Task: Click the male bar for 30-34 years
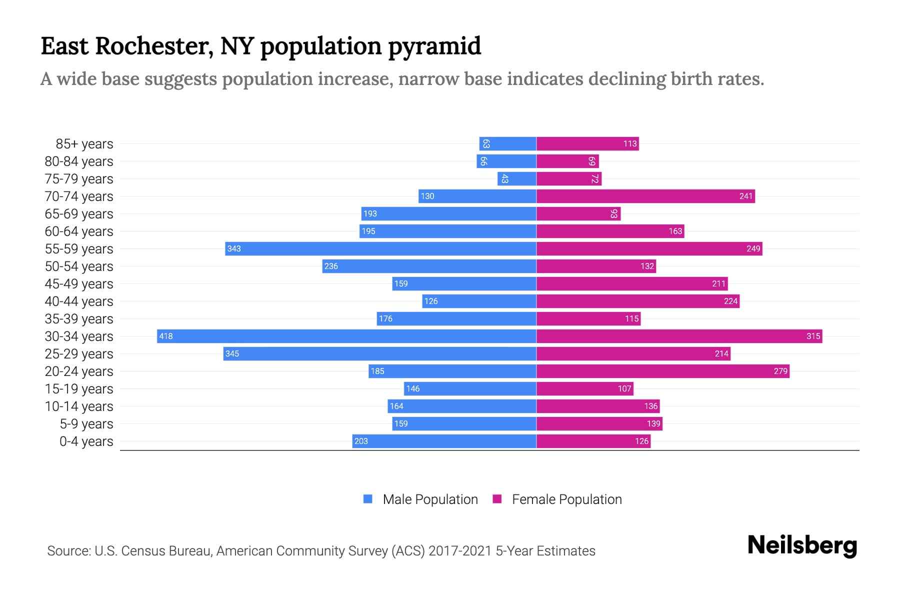[346, 336]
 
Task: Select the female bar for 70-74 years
[645, 196]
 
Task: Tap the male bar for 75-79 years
[516, 178]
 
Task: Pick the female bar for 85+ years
[587, 143]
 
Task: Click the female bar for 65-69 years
[578, 213]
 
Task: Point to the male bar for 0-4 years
[444, 441]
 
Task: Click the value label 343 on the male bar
[234, 248]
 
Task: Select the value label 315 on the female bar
[813, 336]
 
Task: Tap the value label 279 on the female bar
[780, 371]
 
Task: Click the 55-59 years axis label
[79, 249]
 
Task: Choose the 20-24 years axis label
[79, 371]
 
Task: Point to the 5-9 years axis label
[86, 424]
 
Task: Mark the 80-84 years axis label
[79, 161]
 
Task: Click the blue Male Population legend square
[368, 499]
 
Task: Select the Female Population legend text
[566, 499]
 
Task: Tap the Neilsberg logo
[802, 545]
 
